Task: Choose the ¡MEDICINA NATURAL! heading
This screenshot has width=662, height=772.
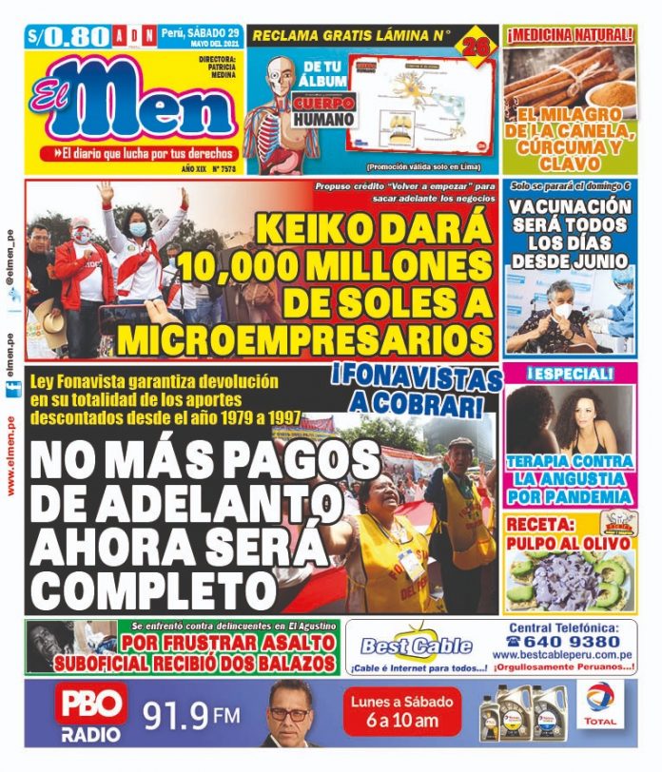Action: [x=569, y=36]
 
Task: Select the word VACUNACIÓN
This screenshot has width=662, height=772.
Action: [x=569, y=206]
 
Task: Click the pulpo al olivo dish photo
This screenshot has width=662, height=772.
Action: [x=568, y=581]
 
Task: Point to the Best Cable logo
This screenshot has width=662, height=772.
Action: [x=416, y=646]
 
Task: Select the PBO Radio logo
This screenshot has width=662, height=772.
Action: [x=91, y=714]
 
